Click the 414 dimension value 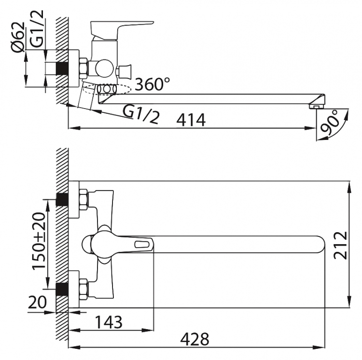[191, 120]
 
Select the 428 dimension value [195, 339]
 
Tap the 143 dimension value [109, 322]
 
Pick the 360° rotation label [153, 84]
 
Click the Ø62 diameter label [17, 37]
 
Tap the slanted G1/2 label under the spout [141, 114]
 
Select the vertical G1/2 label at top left [37, 29]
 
